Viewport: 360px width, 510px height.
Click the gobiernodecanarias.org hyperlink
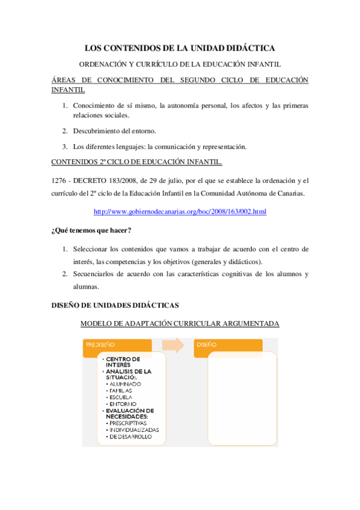coord(180,212)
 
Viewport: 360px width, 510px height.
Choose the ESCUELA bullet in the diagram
coord(123,397)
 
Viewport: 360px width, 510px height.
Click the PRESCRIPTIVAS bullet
coord(130,423)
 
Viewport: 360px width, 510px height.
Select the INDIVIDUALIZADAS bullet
coord(134,430)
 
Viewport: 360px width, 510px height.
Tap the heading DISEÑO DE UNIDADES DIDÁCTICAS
coord(115,305)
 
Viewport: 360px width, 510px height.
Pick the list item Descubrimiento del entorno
coord(114,131)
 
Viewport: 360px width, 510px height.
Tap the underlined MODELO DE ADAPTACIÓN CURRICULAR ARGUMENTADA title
coord(180,324)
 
